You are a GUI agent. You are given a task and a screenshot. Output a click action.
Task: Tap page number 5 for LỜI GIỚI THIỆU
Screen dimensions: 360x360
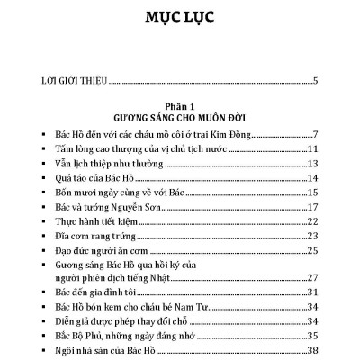315,82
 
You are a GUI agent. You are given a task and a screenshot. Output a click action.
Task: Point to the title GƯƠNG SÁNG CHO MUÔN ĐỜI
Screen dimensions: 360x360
179,118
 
